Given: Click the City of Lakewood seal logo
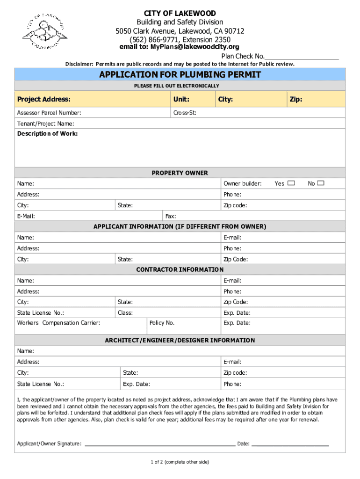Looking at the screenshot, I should [45, 31].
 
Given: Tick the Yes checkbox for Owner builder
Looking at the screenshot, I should [291, 183].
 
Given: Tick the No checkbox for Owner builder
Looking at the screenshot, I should [320, 183].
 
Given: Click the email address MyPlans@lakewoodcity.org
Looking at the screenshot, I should [180, 47].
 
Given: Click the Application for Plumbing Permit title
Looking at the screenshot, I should [180, 75].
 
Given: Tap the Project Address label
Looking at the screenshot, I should [44, 99].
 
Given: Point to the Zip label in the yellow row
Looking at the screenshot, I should [295, 99].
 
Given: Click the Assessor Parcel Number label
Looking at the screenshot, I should [49, 113].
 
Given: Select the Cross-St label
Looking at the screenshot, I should [184, 113].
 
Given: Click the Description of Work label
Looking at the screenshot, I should [48, 134].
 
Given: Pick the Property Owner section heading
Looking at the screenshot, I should [180, 173].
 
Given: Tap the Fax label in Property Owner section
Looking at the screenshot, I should [171, 216].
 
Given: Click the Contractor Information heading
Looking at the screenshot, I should [180, 269].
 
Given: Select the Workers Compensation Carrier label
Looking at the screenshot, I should [58, 323].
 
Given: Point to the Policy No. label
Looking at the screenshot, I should [162, 323].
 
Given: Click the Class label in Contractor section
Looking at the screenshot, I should [125, 312].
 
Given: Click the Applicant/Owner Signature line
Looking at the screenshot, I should [159, 443].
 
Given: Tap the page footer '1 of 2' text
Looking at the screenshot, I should [180, 462].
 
